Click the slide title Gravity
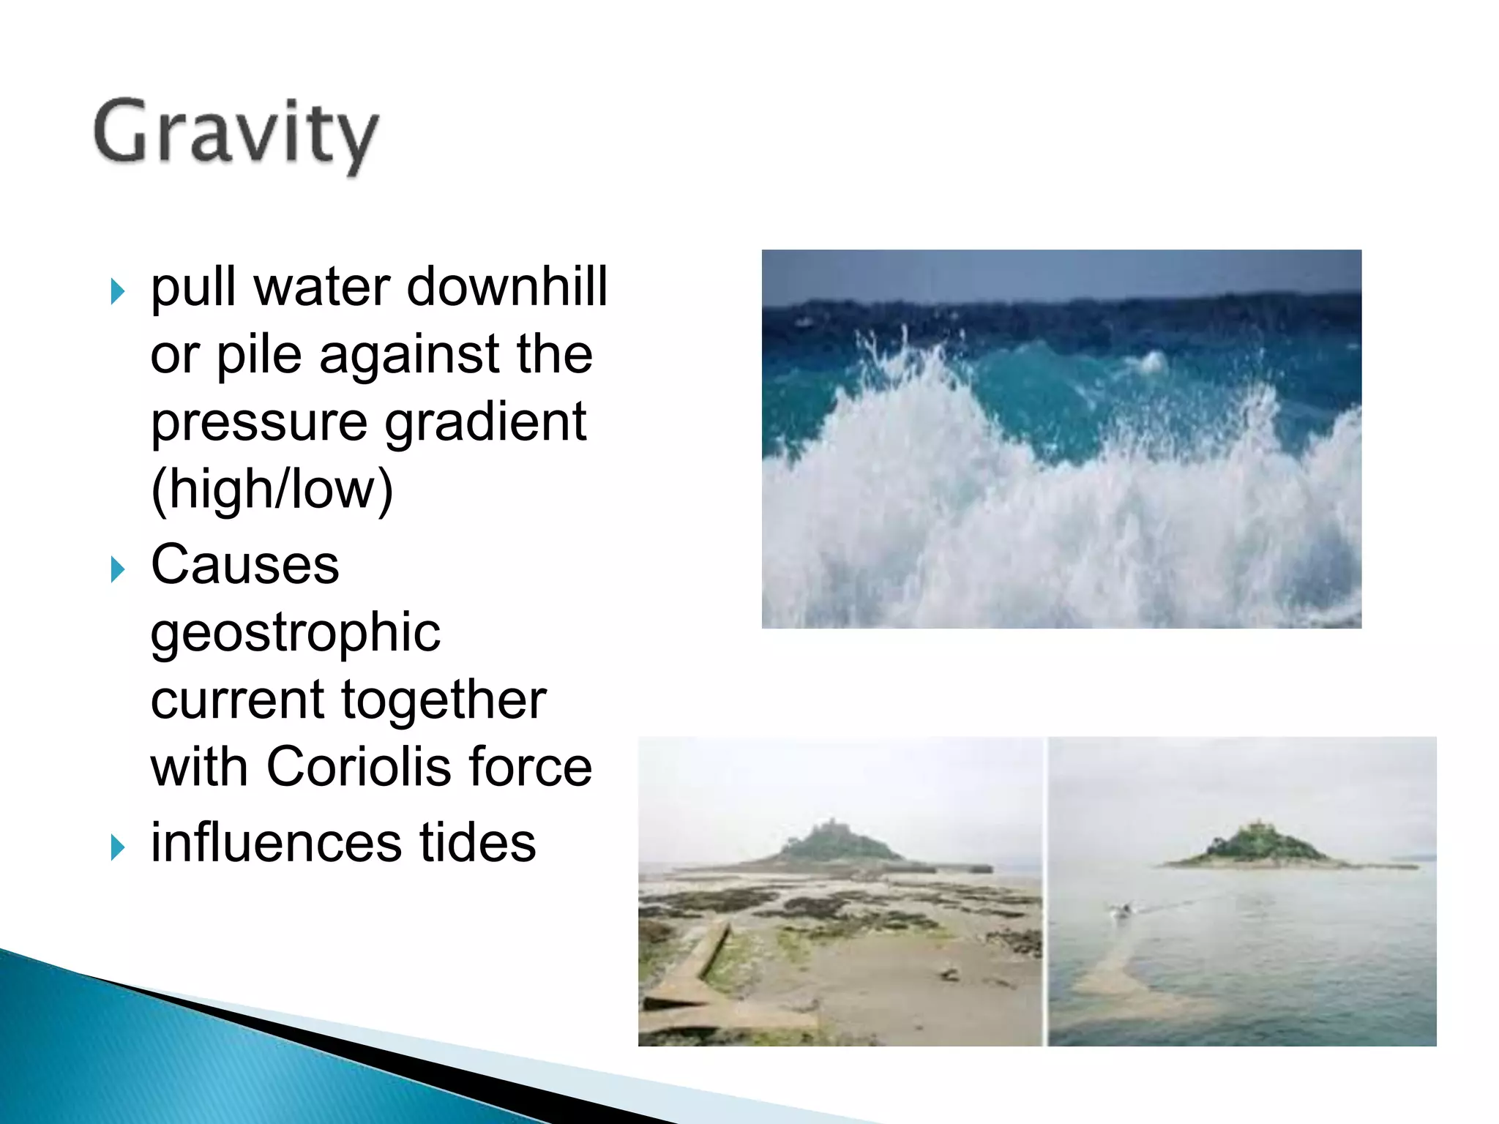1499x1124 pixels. (236, 133)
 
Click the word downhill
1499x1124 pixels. (506, 286)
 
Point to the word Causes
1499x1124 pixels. (244, 565)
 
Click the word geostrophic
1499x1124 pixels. (295, 632)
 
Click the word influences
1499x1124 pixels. (276, 842)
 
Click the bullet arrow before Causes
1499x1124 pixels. (117, 569)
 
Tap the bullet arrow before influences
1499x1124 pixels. (117, 847)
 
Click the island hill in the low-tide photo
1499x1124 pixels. (834, 845)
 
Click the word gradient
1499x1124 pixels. (485, 422)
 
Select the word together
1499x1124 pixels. (444, 700)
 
